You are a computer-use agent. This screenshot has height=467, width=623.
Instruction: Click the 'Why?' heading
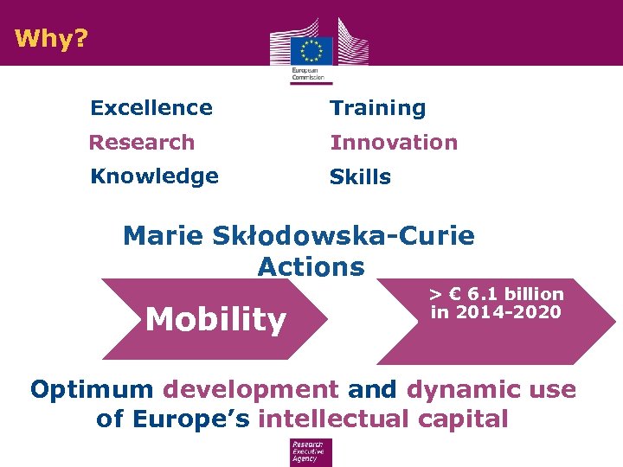[51, 39]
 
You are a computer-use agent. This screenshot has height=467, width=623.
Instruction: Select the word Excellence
[151, 108]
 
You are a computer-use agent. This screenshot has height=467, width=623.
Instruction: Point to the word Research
[142, 142]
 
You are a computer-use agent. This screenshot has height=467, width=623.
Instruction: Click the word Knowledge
[154, 176]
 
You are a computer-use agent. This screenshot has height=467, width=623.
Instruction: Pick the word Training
[378, 108]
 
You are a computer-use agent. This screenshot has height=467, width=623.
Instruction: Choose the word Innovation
[394, 142]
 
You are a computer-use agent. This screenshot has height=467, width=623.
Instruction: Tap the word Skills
[360, 177]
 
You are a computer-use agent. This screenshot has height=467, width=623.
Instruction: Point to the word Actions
[311, 266]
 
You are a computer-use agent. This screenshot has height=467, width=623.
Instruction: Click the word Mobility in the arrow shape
[215, 320]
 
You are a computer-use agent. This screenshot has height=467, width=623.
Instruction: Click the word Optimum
[92, 389]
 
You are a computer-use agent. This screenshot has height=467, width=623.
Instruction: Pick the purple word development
[251, 389]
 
